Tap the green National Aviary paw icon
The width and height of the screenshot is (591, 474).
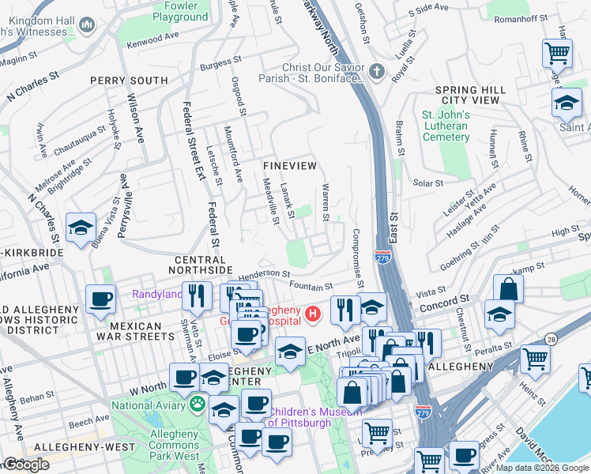pyautogui.click(x=196, y=404)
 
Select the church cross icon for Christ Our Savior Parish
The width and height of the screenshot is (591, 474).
pyautogui.click(x=378, y=72)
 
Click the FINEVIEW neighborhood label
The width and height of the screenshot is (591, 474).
pyautogui.click(x=290, y=166)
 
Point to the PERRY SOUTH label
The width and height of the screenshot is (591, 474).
pyautogui.click(x=129, y=81)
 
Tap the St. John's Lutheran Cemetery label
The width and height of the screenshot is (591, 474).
pyautogui.click(x=446, y=126)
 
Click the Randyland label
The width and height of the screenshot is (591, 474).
pyautogui.click(x=156, y=295)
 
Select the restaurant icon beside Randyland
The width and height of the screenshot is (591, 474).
pyautogui.click(x=197, y=296)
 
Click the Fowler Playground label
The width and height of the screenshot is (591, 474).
pyautogui.click(x=180, y=11)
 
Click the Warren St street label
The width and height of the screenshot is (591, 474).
pyautogui.click(x=325, y=202)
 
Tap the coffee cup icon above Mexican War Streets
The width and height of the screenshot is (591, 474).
pyautogui.click(x=101, y=299)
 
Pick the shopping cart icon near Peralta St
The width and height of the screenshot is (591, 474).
pyautogui.click(x=536, y=358)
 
